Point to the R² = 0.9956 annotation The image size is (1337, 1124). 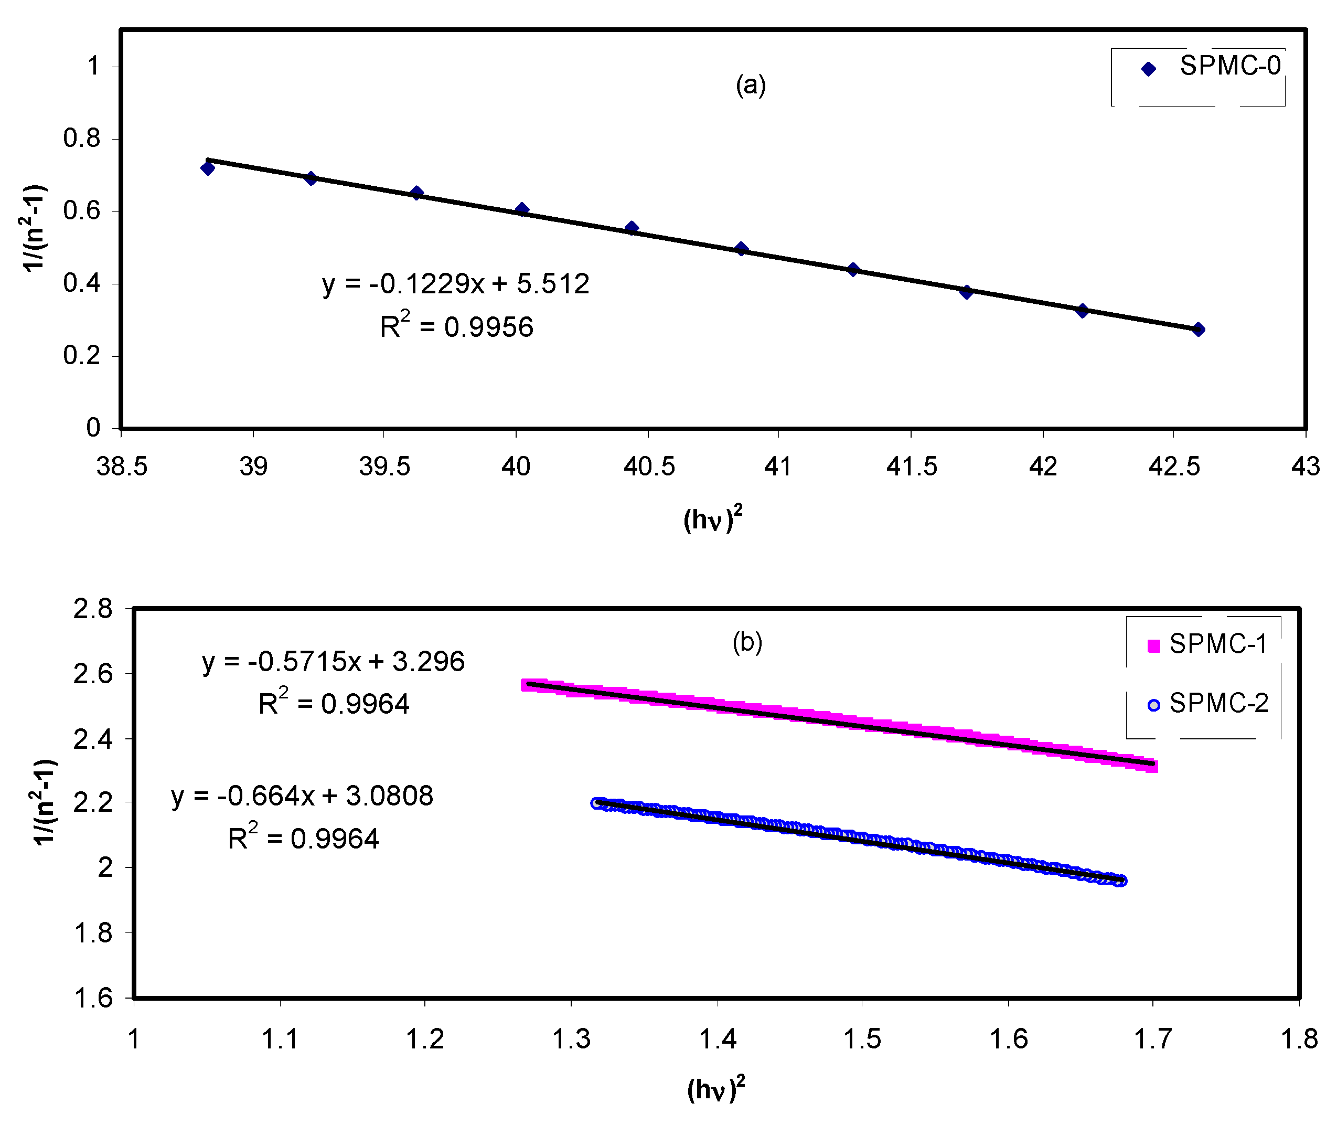point(456,326)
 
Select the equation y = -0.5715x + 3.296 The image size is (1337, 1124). point(333,661)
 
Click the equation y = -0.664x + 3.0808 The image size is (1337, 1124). point(303,796)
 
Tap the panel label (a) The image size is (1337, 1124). point(751,85)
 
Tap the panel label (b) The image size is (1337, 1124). point(747,642)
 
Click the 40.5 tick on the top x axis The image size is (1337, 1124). point(648,467)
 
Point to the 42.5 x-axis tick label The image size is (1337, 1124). point(1173,467)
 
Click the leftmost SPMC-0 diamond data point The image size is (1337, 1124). point(207,168)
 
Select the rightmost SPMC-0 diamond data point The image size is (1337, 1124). point(1198,330)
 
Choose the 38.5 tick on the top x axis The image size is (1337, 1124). point(122,467)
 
